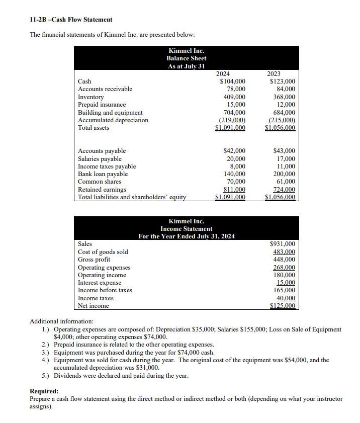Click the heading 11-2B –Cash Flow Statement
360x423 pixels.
pyautogui.click(x=71, y=19)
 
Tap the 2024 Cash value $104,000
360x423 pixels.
pyautogui.click(x=233, y=81)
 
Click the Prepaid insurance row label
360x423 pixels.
pyautogui.click(x=102, y=105)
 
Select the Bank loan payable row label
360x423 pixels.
pyautogui.click(x=103, y=174)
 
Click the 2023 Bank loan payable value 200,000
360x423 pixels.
pyautogui.click(x=284, y=174)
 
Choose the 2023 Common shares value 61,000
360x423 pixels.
pyautogui.click(x=285, y=182)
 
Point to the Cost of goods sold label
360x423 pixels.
pyautogui.click(x=103, y=251)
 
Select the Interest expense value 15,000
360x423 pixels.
pyautogui.click(x=285, y=283)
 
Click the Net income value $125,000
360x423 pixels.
pyautogui.click(x=283, y=305)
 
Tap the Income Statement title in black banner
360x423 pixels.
pyautogui.click(x=186, y=229)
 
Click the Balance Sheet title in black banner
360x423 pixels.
pyautogui.click(x=186, y=58)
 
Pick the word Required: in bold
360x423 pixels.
pyautogui.click(x=44, y=391)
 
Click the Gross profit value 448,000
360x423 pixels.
pyautogui.click(x=284, y=260)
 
